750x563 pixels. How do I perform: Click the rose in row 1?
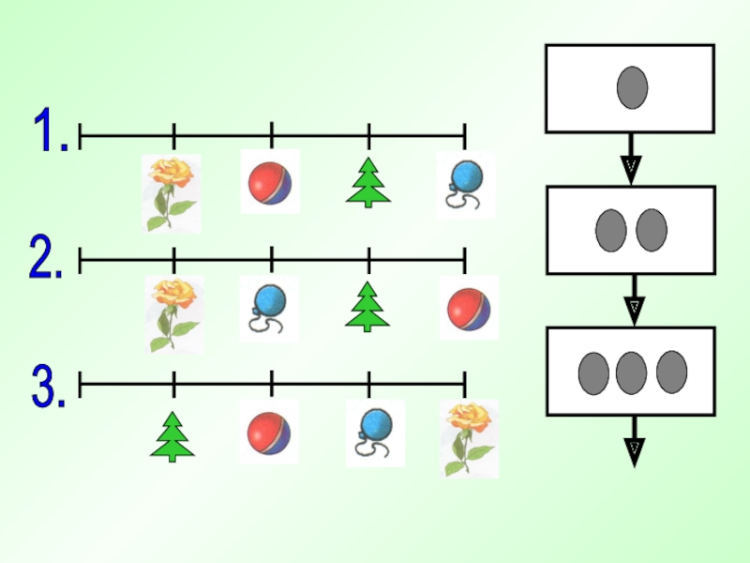click(x=171, y=192)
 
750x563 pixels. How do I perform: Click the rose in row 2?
click(x=175, y=312)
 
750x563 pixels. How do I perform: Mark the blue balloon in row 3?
click(x=374, y=433)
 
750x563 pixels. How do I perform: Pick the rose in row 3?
click(x=470, y=436)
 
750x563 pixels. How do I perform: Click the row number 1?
click(x=50, y=130)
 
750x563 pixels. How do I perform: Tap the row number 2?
click(x=46, y=258)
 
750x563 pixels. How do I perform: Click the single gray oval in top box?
click(x=631, y=87)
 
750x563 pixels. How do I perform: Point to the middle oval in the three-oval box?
click(x=631, y=372)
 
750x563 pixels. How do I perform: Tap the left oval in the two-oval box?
click(x=610, y=230)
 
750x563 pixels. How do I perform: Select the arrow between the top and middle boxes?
click(x=631, y=159)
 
